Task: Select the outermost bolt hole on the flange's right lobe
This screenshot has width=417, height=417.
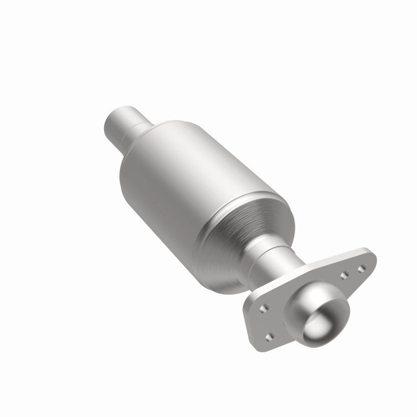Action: [x=360, y=268]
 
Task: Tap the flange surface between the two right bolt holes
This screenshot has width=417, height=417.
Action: [x=352, y=273]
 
